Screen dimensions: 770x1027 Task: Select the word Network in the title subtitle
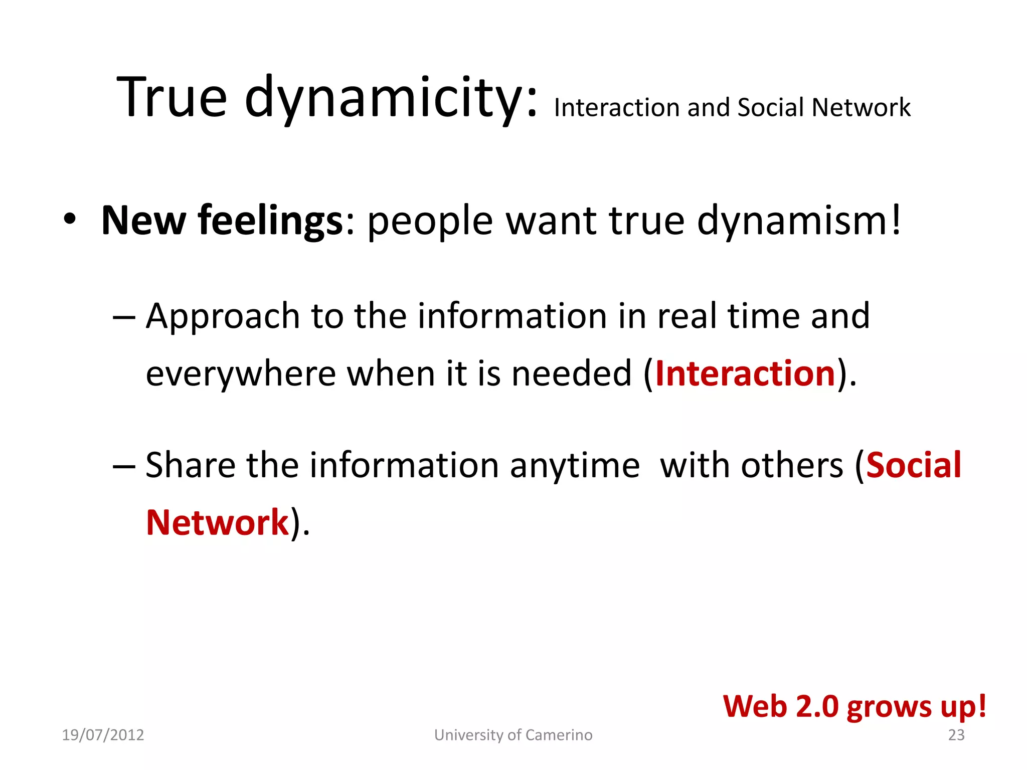tap(861, 107)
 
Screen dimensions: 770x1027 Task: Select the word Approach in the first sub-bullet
tap(223, 317)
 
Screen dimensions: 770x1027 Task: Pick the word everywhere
tap(241, 374)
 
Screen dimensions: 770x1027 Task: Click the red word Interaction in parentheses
tap(745, 373)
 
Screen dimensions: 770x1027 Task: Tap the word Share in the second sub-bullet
tap(190, 465)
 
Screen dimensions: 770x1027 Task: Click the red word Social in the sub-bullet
tap(913, 465)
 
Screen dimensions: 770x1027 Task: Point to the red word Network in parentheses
tap(217, 522)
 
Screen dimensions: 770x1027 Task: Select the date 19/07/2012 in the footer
tap(103, 735)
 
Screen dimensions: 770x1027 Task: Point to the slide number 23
tap(956, 735)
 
